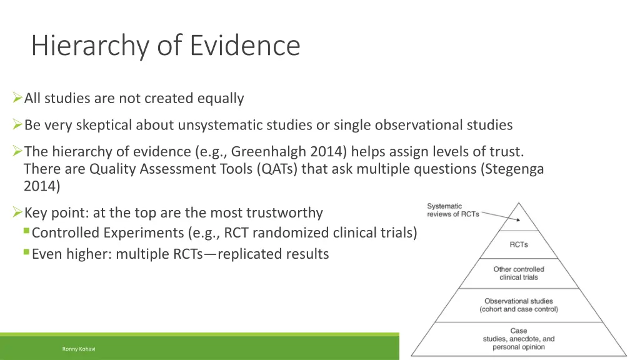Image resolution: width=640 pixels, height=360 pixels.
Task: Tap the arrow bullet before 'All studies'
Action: pos(17,98)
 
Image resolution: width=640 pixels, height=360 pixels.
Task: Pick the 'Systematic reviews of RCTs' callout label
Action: pos(452,210)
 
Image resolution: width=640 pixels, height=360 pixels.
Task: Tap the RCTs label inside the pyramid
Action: pos(518,244)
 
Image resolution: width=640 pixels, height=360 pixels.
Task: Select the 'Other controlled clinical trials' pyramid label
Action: pos(518,273)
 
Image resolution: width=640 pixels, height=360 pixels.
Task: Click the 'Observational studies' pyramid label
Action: pos(518,301)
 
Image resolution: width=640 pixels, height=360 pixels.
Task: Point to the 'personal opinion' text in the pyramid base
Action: pos(518,347)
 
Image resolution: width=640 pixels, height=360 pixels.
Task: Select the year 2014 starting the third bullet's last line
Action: pos(41,186)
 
